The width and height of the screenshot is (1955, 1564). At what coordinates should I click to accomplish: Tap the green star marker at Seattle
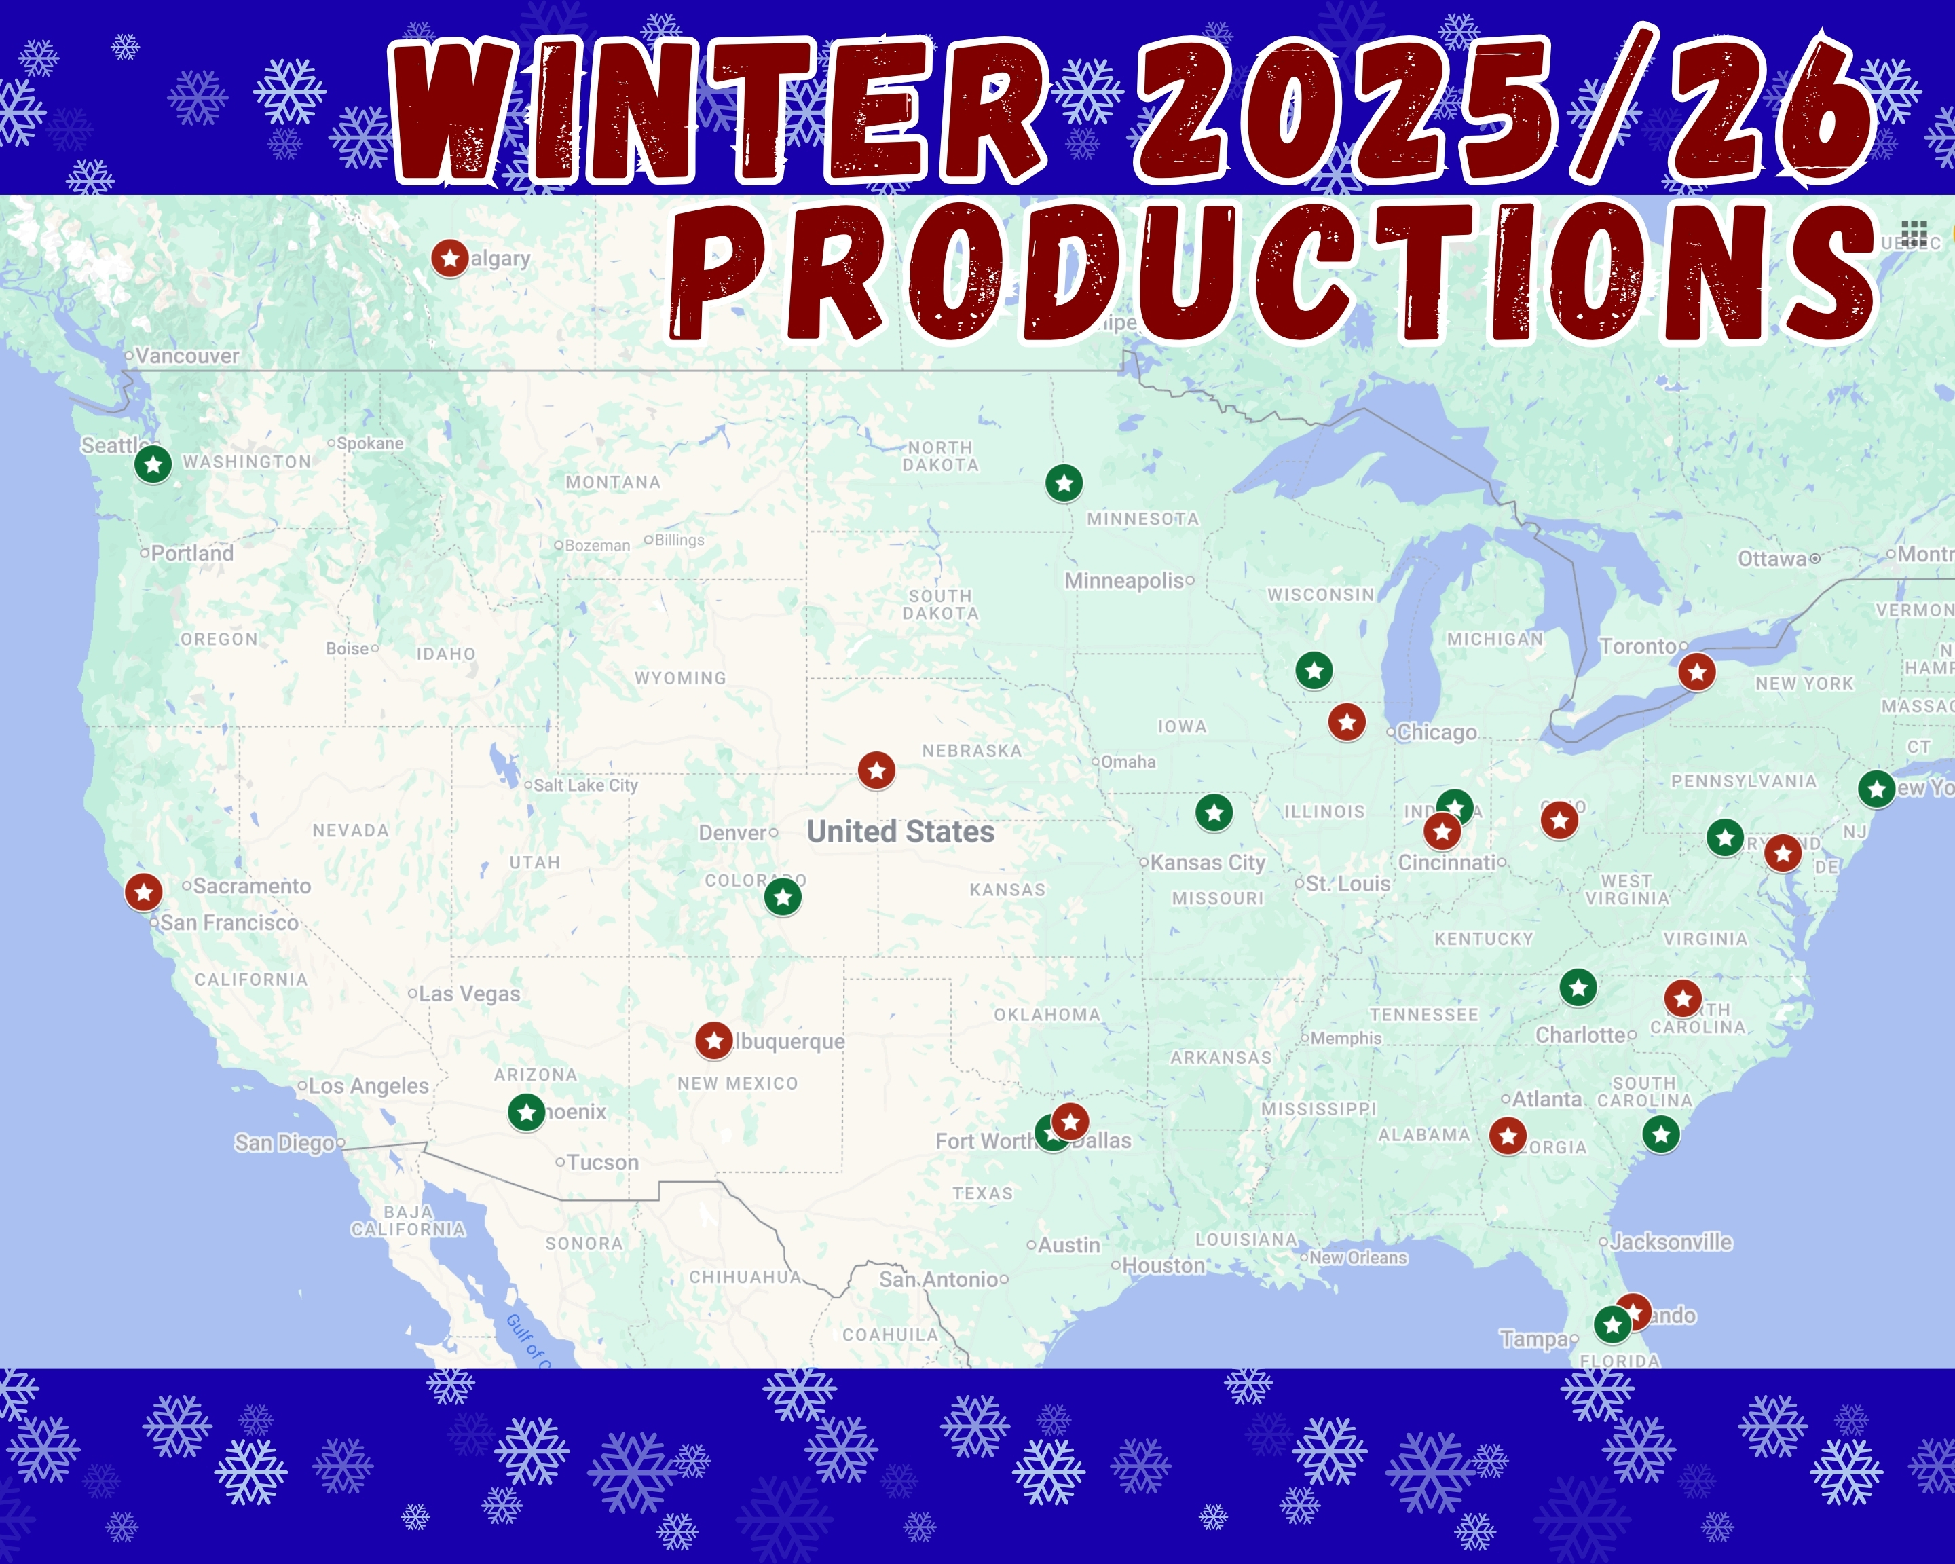pos(153,464)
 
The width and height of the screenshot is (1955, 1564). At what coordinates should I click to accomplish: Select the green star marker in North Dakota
pos(1064,483)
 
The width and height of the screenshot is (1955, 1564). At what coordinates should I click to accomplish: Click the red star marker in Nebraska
pos(876,770)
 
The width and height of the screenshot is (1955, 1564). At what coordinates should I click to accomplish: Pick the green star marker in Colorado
pos(783,897)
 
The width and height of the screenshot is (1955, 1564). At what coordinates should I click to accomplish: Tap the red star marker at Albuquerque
pos(713,1041)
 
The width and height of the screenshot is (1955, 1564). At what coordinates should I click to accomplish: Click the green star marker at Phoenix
pos(526,1112)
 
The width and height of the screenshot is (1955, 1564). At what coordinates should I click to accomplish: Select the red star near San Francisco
pos(143,892)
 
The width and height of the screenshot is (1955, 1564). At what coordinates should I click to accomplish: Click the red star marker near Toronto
pos(1696,672)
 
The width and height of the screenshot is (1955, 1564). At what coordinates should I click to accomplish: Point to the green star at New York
pos(1876,789)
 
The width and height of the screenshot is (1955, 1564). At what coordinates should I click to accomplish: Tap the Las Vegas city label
pos(469,994)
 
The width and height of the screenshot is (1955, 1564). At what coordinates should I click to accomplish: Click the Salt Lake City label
pos(585,785)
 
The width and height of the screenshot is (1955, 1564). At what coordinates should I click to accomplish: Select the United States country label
pos(900,832)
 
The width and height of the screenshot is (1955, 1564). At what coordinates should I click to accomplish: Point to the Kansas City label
pos(1207,862)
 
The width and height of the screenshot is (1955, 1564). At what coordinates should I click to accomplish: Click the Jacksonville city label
pos(1671,1242)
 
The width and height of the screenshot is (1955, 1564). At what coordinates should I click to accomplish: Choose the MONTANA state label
pos(613,483)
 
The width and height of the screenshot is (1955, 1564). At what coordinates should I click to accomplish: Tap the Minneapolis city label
pos(1124,580)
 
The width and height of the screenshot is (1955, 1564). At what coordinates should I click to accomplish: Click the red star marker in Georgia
pos(1508,1135)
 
